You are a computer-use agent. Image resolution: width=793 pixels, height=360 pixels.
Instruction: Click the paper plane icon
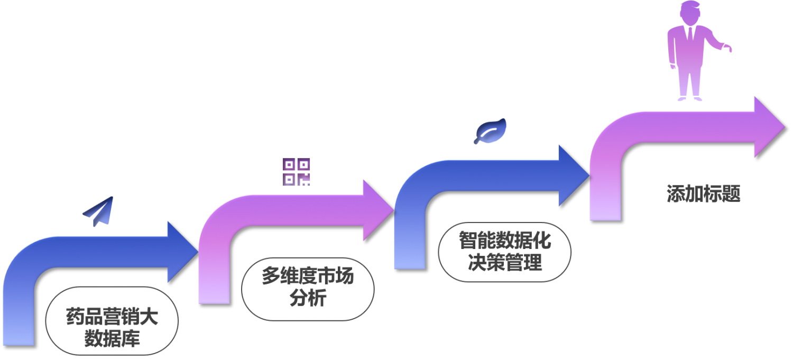point(99,211)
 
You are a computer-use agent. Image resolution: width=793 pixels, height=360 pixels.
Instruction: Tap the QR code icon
point(296,172)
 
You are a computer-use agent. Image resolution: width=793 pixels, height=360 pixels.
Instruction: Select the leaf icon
point(491,131)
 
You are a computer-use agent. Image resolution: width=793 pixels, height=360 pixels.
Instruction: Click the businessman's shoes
point(690,98)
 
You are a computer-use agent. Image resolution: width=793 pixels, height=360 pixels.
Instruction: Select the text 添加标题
point(703,194)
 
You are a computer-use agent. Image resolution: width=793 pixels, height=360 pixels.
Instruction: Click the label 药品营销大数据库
point(112,327)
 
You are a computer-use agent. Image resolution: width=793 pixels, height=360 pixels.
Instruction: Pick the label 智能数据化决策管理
point(505,252)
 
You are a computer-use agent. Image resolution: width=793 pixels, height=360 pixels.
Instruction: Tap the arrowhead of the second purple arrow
point(377,210)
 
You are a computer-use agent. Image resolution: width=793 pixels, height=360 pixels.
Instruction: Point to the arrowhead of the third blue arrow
point(573,175)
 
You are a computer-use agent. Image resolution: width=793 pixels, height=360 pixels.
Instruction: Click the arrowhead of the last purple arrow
point(768,127)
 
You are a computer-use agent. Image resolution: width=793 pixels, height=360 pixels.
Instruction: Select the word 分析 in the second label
point(308,298)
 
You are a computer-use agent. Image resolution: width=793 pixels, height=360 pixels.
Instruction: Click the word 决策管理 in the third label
point(505,262)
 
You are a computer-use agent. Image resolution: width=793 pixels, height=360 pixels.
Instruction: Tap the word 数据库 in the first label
point(112,338)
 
